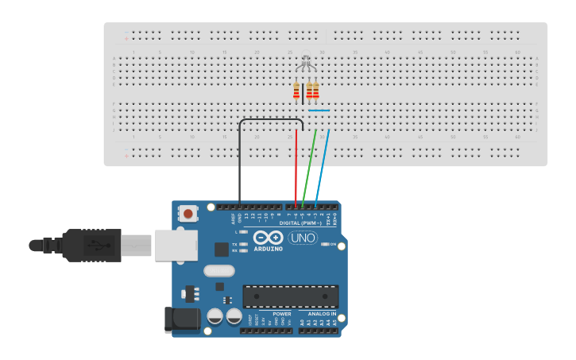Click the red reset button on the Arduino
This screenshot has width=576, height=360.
click(188, 213)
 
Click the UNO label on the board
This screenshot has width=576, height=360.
click(303, 238)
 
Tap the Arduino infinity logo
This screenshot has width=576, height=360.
click(268, 238)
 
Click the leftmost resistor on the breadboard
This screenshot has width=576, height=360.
click(296, 91)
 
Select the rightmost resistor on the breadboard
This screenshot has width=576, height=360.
click(316, 91)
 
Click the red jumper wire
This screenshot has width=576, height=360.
click(296, 167)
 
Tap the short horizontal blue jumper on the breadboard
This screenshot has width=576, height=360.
click(319, 110)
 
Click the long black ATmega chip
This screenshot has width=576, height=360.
click(291, 296)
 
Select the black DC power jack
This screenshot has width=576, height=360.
click(180, 319)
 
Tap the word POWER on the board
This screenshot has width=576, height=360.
click(281, 314)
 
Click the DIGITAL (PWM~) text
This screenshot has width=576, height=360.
click(301, 223)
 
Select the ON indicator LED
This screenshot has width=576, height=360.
click(325, 245)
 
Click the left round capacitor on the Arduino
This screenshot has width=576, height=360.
click(215, 317)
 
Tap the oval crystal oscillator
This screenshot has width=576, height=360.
click(218, 271)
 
